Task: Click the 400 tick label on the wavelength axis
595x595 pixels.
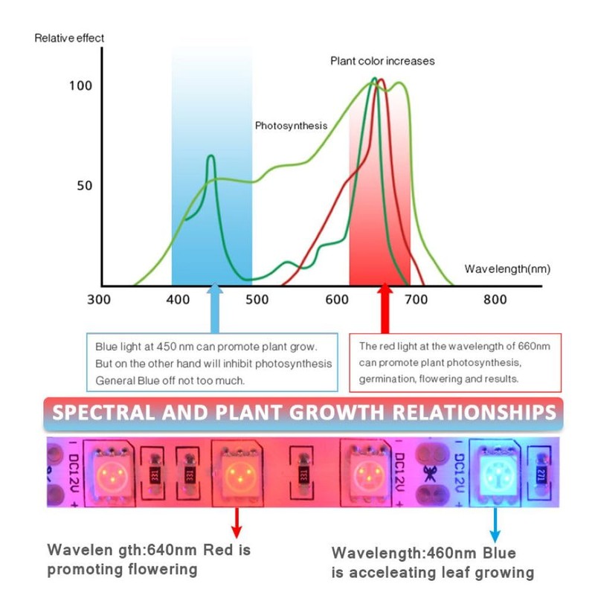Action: click(x=178, y=300)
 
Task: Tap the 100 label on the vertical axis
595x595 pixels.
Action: click(x=80, y=86)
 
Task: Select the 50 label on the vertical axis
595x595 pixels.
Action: click(x=85, y=185)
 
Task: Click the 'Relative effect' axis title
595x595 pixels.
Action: click(x=69, y=38)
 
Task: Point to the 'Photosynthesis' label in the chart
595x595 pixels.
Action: click(x=291, y=126)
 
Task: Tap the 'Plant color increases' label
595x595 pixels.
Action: click(x=382, y=61)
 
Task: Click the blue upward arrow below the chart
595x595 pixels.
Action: click(x=214, y=308)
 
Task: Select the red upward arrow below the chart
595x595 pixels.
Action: click(x=385, y=308)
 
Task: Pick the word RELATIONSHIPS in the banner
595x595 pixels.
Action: click(x=462, y=412)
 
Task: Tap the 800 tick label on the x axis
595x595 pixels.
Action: click(x=495, y=300)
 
